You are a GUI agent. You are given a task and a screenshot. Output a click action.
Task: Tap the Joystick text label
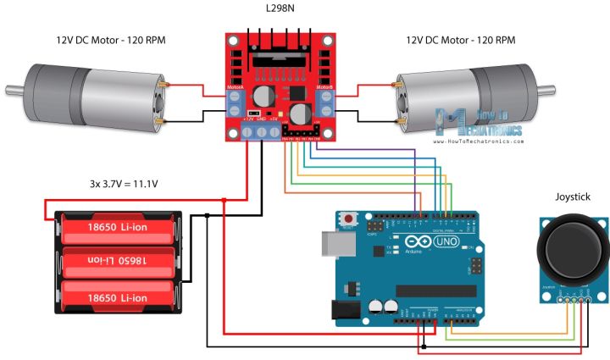coord(573,197)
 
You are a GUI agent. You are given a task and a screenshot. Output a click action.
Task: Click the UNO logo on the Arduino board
coord(445,242)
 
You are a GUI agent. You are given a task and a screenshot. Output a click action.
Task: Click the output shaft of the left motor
coord(13,89)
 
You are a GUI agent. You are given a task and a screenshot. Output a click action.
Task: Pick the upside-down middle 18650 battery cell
coord(118,259)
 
